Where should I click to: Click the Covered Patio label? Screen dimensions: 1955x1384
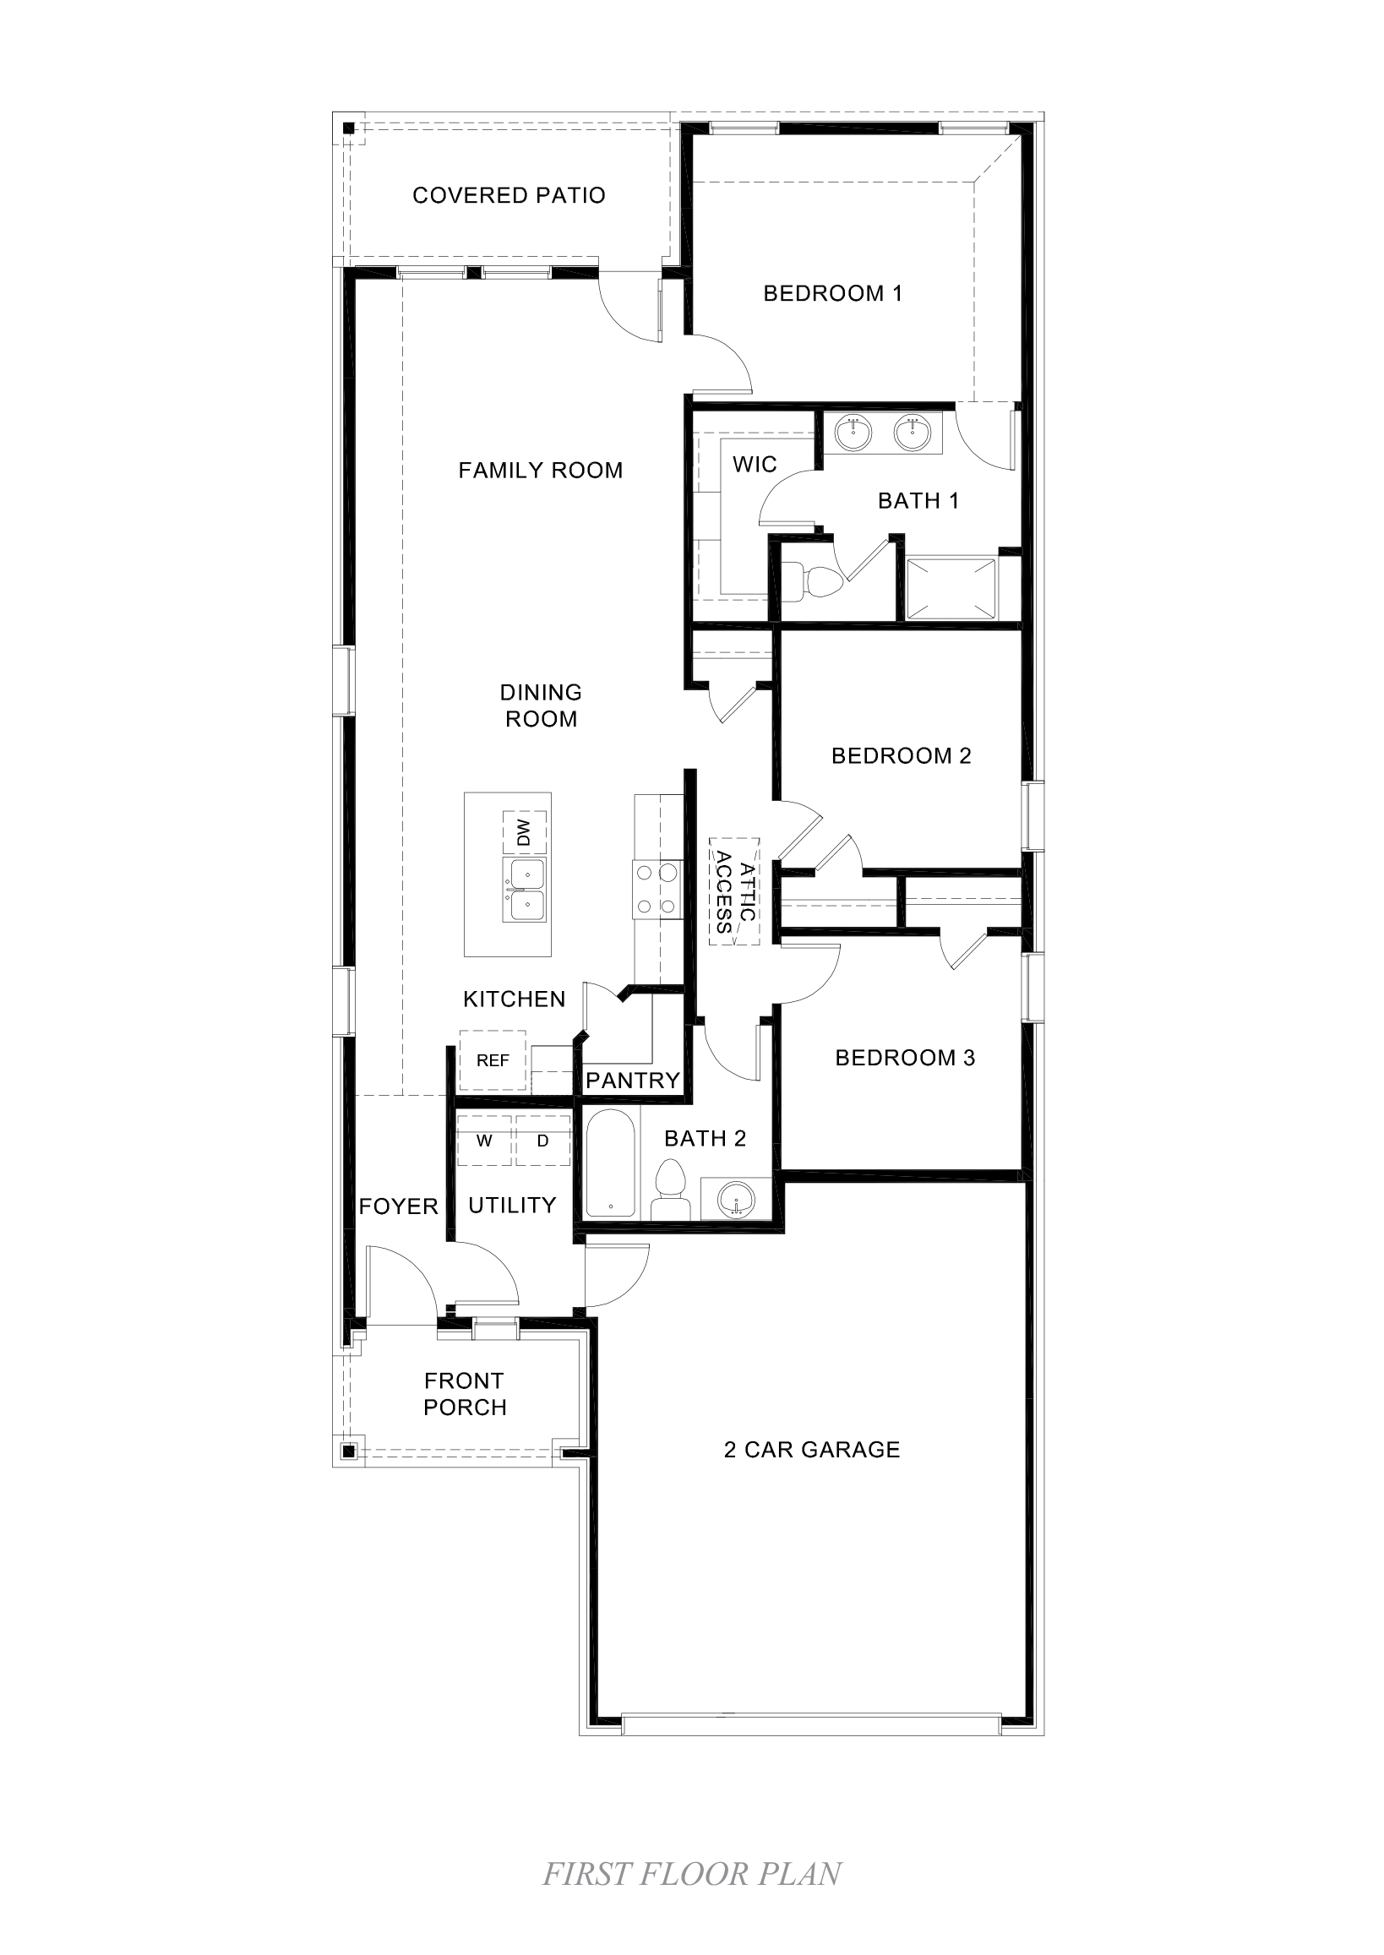pyautogui.click(x=509, y=195)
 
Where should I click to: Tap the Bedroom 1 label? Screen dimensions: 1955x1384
pyautogui.click(x=831, y=293)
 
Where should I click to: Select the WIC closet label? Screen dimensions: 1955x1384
pyautogui.click(x=755, y=465)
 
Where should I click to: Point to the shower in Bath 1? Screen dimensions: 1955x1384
pyautogui.click(x=951, y=588)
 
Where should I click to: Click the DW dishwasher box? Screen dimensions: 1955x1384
pyautogui.click(x=524, y=832)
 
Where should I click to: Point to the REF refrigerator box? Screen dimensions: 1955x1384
pyautogui.click(x=493, y=1060)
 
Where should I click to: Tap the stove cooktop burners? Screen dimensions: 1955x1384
pyautogui.click(x=657, y=890)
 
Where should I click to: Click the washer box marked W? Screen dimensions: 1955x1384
pyautogui.click(x=484, y=1141)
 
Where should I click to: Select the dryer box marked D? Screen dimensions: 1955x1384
pyautogui.click(x=542, y=1141)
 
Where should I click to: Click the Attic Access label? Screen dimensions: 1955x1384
pyautogui.click(x=734, y=891)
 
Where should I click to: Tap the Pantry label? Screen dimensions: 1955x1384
pyautogui.click(x=632, y=1081)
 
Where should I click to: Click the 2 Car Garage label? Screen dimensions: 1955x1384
pyautogui.click(x=811, y=1450)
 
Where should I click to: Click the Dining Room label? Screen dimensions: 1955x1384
pyautogui.click(x=540, y=705)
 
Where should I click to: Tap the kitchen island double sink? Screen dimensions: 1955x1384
pyautogui.click(x=524, y=890)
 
